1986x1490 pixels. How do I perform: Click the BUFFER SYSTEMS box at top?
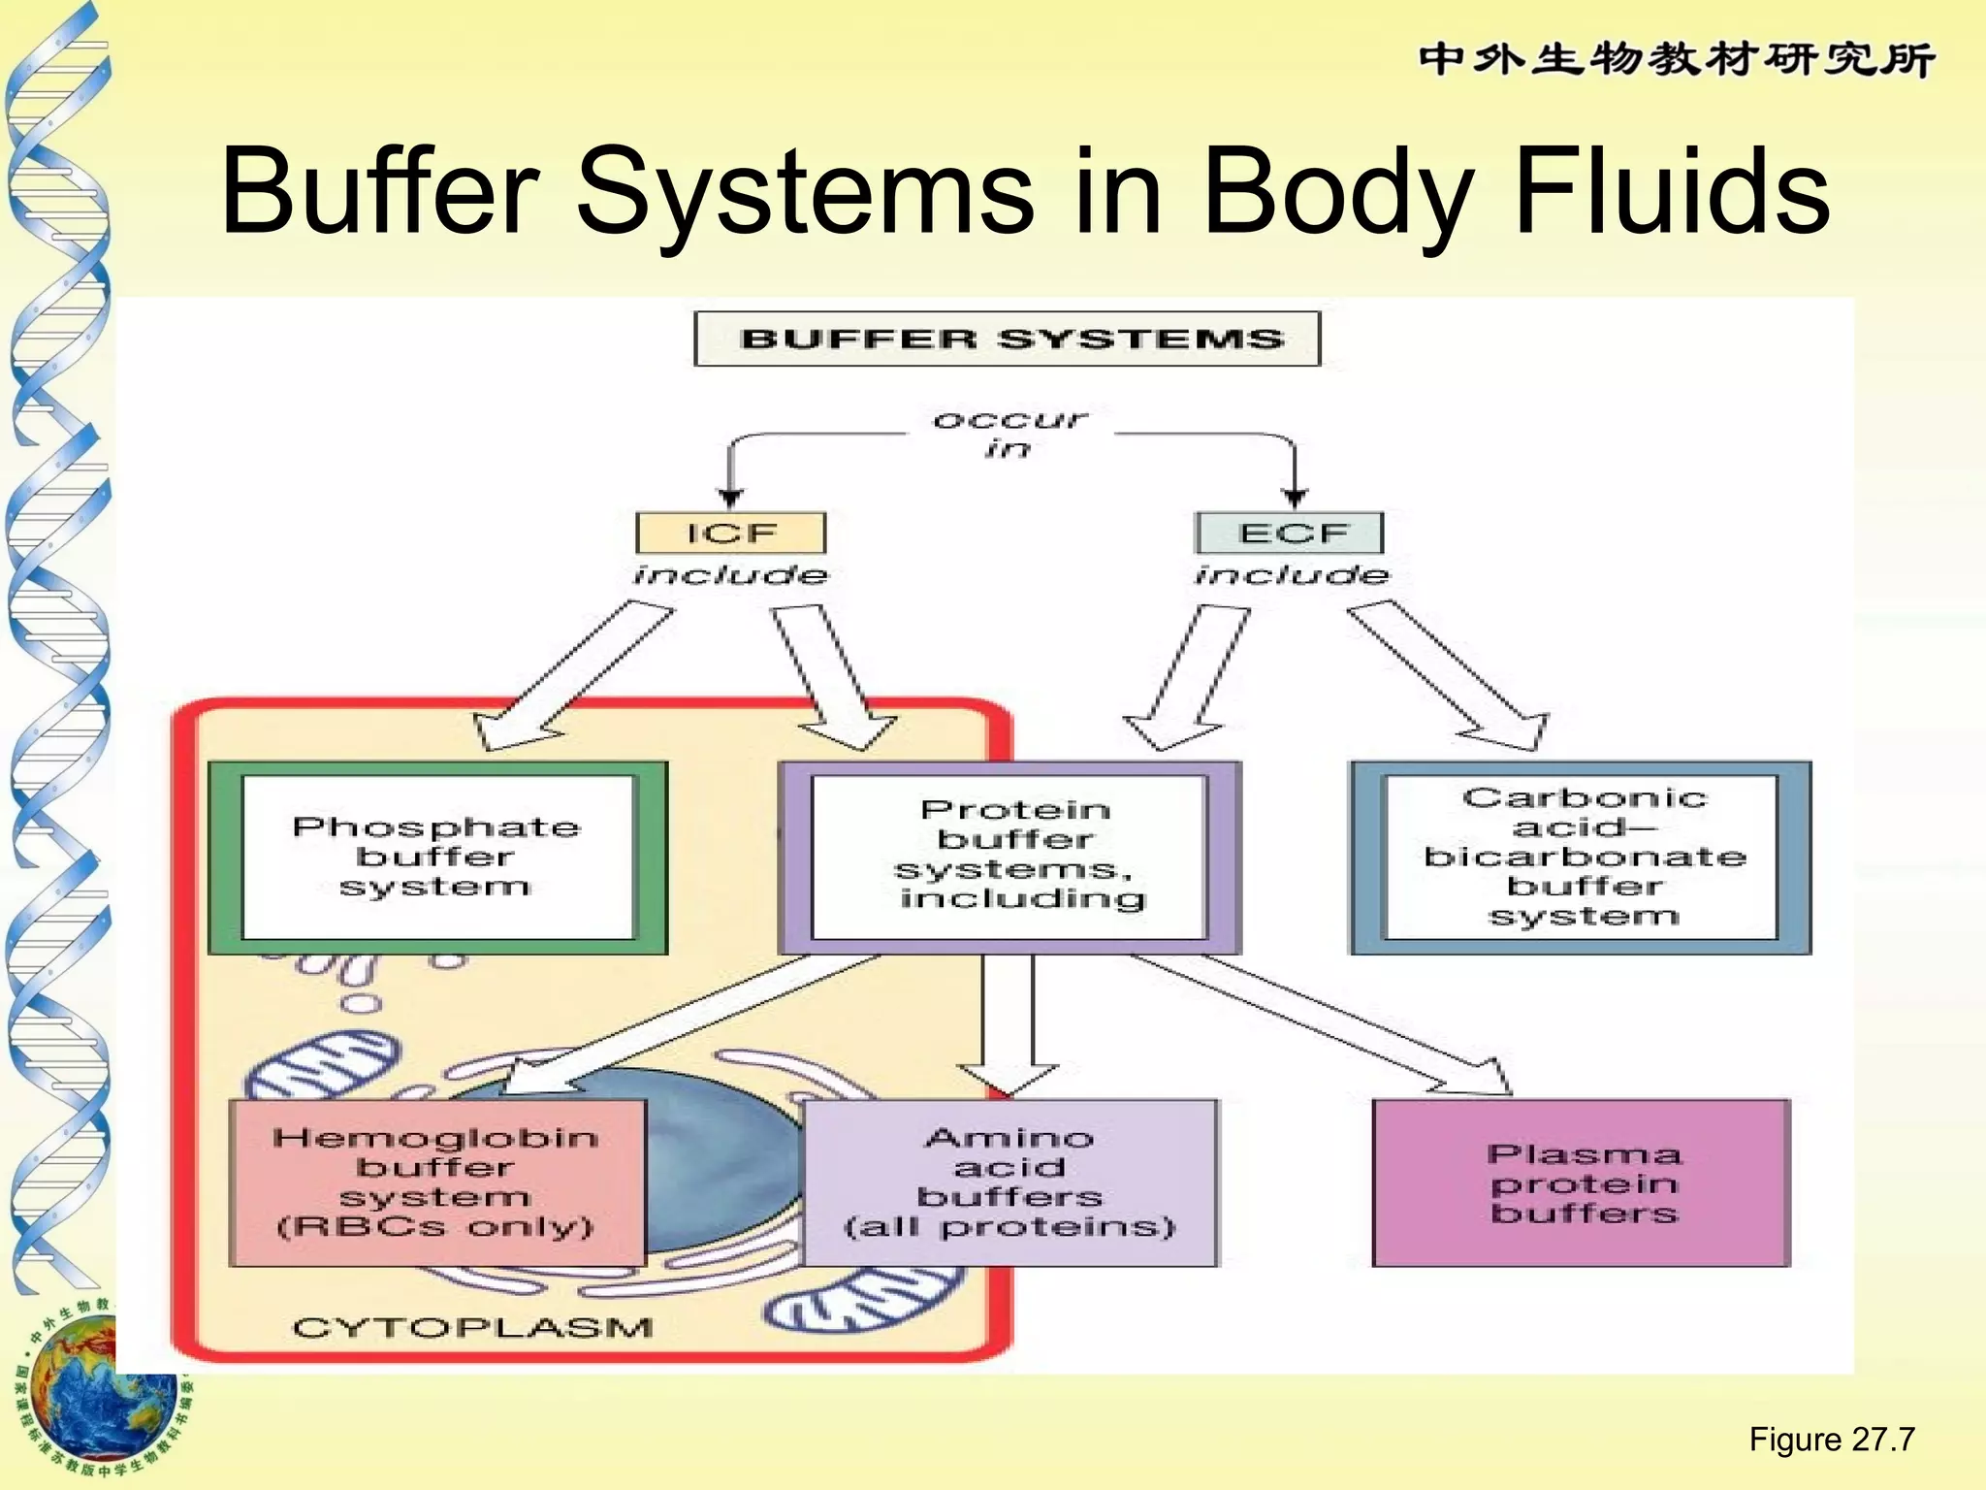pyautogui.click(x=1008, y=339)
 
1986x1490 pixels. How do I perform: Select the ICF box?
pyautogui.click(x=730, y=533)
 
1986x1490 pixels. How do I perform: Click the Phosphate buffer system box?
pyautogui.click(x=437, y=857)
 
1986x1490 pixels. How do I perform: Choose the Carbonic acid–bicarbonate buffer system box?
pyautogui.click(x=1582, y=857)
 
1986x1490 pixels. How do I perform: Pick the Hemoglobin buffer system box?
pyautogui.click(x=436, y=1182)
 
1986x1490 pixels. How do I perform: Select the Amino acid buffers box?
pyautogui.click(x=1009, y=1182)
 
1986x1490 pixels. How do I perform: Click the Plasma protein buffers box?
pyautogui.click(x=1582, y=1182)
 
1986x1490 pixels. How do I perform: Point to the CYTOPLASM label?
pyautogui.click(x=472, y=1326)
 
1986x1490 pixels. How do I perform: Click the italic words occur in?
pyautogui.click(x=1009, y=434)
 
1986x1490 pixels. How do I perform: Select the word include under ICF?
pyautogui.click(x=730, y=575)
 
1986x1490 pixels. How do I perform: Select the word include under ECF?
pyautogui.click(x=1291, y=575)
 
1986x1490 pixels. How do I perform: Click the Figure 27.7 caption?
pyautogui.click(x=1831, y=1439)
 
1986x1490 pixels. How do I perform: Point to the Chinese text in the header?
pyautogui.click(x=1677, y=59)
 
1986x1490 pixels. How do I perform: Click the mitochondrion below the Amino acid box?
pyautogui.click(x=863, y=1300)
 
